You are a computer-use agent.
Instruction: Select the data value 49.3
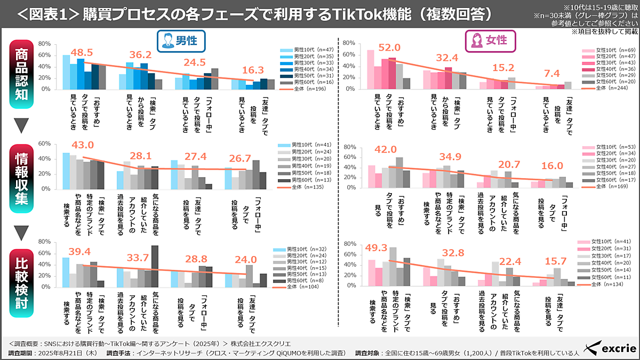click(375, 247)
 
